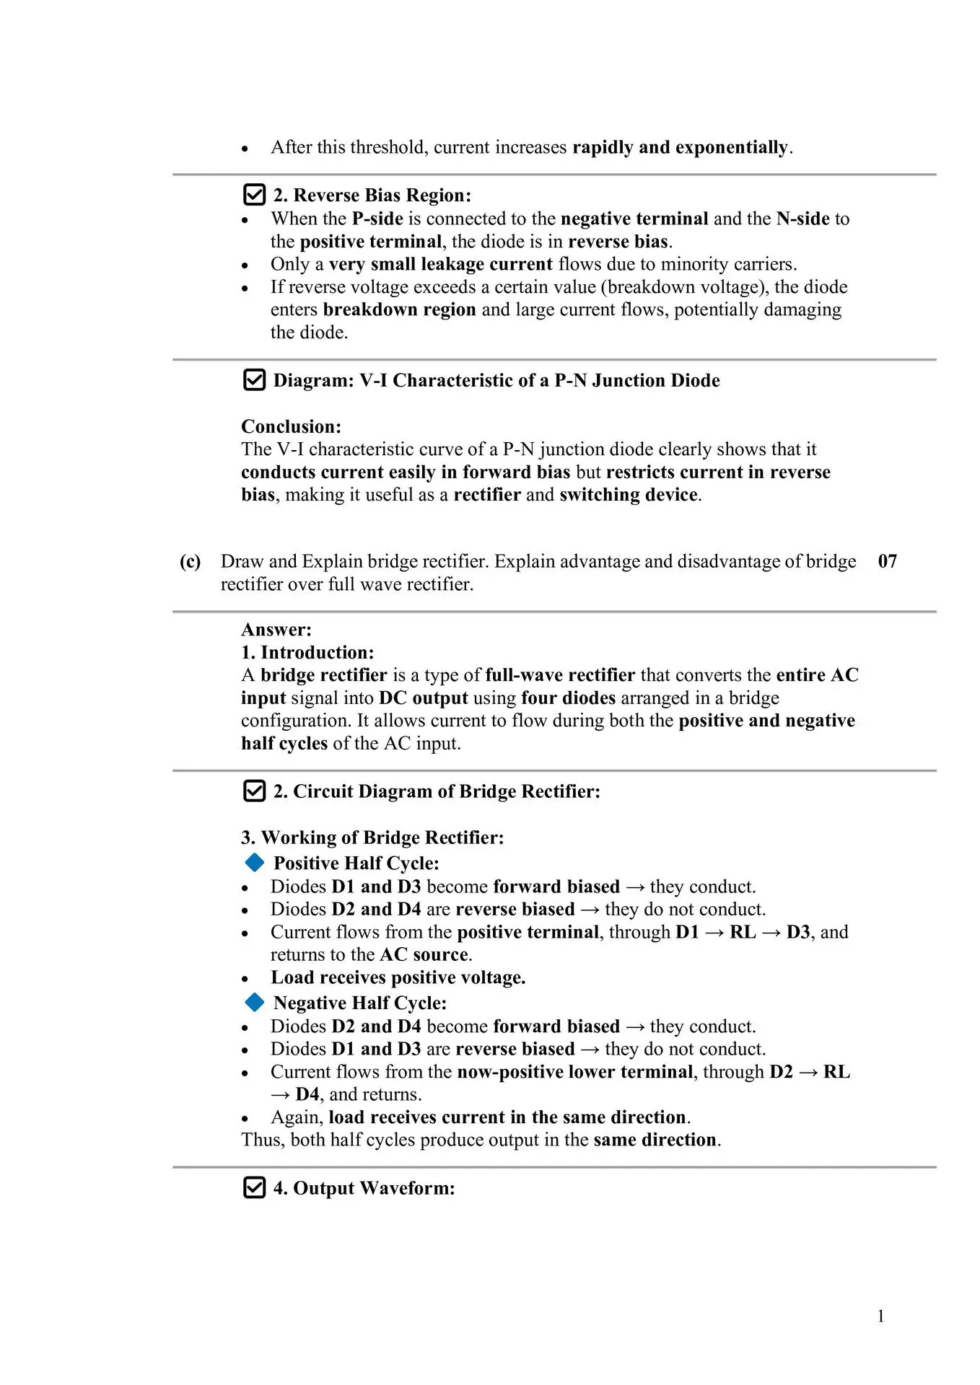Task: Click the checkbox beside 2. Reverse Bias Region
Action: tap(254, 195)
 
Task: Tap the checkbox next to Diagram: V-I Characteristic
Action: tap(254, 379)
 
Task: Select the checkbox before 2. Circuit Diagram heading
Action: tap(254, 791)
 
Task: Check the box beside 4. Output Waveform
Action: tap(254, 1187)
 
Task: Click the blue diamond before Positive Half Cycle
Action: tap(254, 862)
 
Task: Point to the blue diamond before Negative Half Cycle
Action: tap(254, 1002)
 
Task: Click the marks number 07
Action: tap(887, 561)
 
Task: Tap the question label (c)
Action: tap(190, 561)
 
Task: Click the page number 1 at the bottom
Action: tap(880, 1316)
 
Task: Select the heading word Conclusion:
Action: tap(291, 426)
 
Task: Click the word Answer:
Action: tap(276, 630)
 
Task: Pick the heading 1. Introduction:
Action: tap(307, 653)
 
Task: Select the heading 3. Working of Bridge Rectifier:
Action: tap(372, 837)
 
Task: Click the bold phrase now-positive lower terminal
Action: tap(575, 1072)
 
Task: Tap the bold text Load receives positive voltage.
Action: tap(398, 977)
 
